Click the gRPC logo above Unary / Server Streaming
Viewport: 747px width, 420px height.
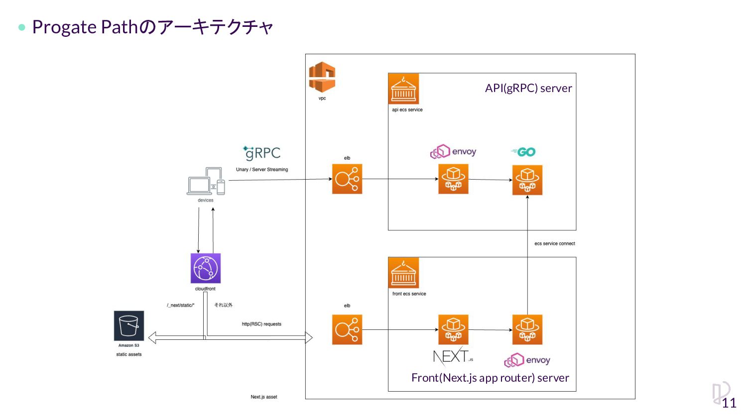coord(262,153)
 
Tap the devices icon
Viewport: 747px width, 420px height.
coord(206,182)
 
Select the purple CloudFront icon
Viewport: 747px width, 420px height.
coord(205,268)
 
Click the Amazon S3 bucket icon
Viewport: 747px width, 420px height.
coord(129,326)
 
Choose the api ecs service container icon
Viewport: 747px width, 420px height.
coord(403,89)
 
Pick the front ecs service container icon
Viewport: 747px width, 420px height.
coord(403,273)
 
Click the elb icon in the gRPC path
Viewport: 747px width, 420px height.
coord(347,179)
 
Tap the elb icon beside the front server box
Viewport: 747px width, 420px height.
coord(347,329)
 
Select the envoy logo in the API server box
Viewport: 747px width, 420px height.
coord(453,151)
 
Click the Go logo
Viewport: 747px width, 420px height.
coord(523,152)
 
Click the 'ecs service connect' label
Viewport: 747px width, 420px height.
coord(555,244)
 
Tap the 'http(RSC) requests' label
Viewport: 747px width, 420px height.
coord(261,324)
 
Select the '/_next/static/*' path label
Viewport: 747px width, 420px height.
coord(181,305)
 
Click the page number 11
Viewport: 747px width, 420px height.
coord(729,403)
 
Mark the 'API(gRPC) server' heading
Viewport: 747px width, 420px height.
coord(528,88)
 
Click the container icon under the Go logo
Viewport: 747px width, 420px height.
coord(527,180)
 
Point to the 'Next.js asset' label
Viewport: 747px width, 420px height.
coord(264,397)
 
